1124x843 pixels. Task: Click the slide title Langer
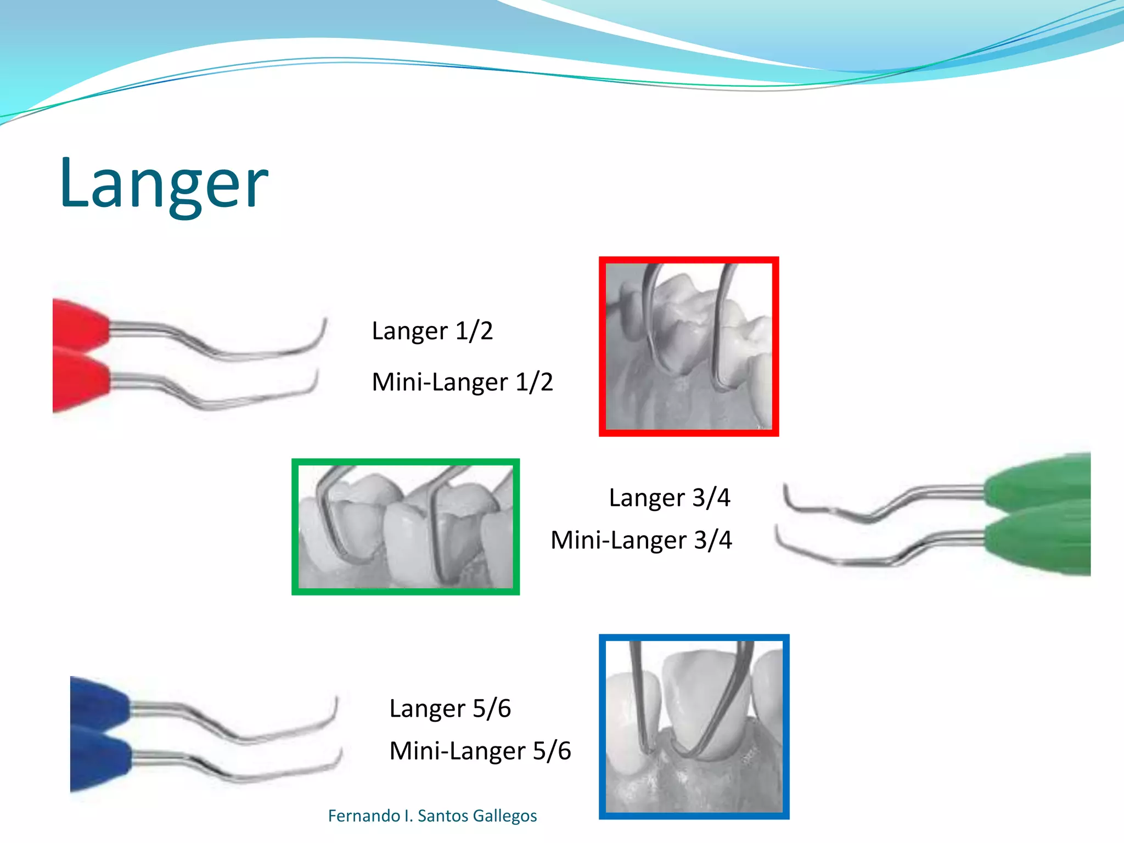coord(164,184)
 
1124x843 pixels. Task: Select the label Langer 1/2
coord(432,331)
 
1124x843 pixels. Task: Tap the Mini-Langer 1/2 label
coord(462,382)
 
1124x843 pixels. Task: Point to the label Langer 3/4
coord(670,498)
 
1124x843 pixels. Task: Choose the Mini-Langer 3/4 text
coord(641,540)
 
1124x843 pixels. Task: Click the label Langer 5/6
coord(450,709)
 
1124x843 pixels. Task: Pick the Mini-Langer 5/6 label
coord(480,751)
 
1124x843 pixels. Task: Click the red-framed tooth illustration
coord(689,346)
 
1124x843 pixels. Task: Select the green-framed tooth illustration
coord(406,527)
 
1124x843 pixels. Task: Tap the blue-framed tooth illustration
coord(694,726)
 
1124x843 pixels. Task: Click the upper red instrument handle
coord(80,325)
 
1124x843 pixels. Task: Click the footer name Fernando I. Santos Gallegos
coord(432,816)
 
